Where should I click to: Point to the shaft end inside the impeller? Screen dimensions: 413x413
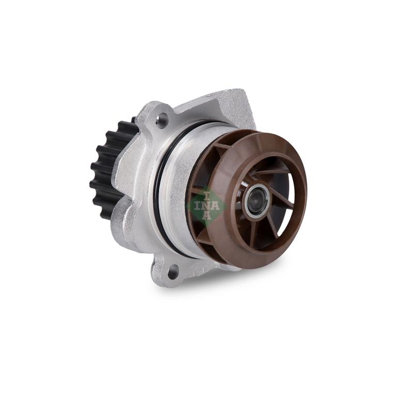coord(255,200)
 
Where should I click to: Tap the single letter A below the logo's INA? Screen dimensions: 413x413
coord(207,218)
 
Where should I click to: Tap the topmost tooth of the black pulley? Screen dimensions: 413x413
coord(126,124)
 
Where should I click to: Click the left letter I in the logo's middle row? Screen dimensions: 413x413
coord(197,205)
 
